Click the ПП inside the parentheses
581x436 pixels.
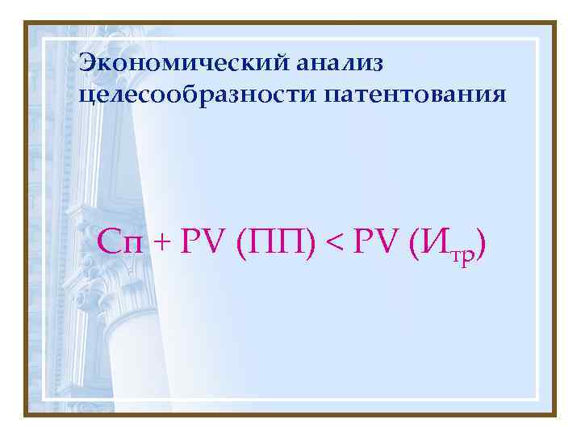[x=275, y=242]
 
